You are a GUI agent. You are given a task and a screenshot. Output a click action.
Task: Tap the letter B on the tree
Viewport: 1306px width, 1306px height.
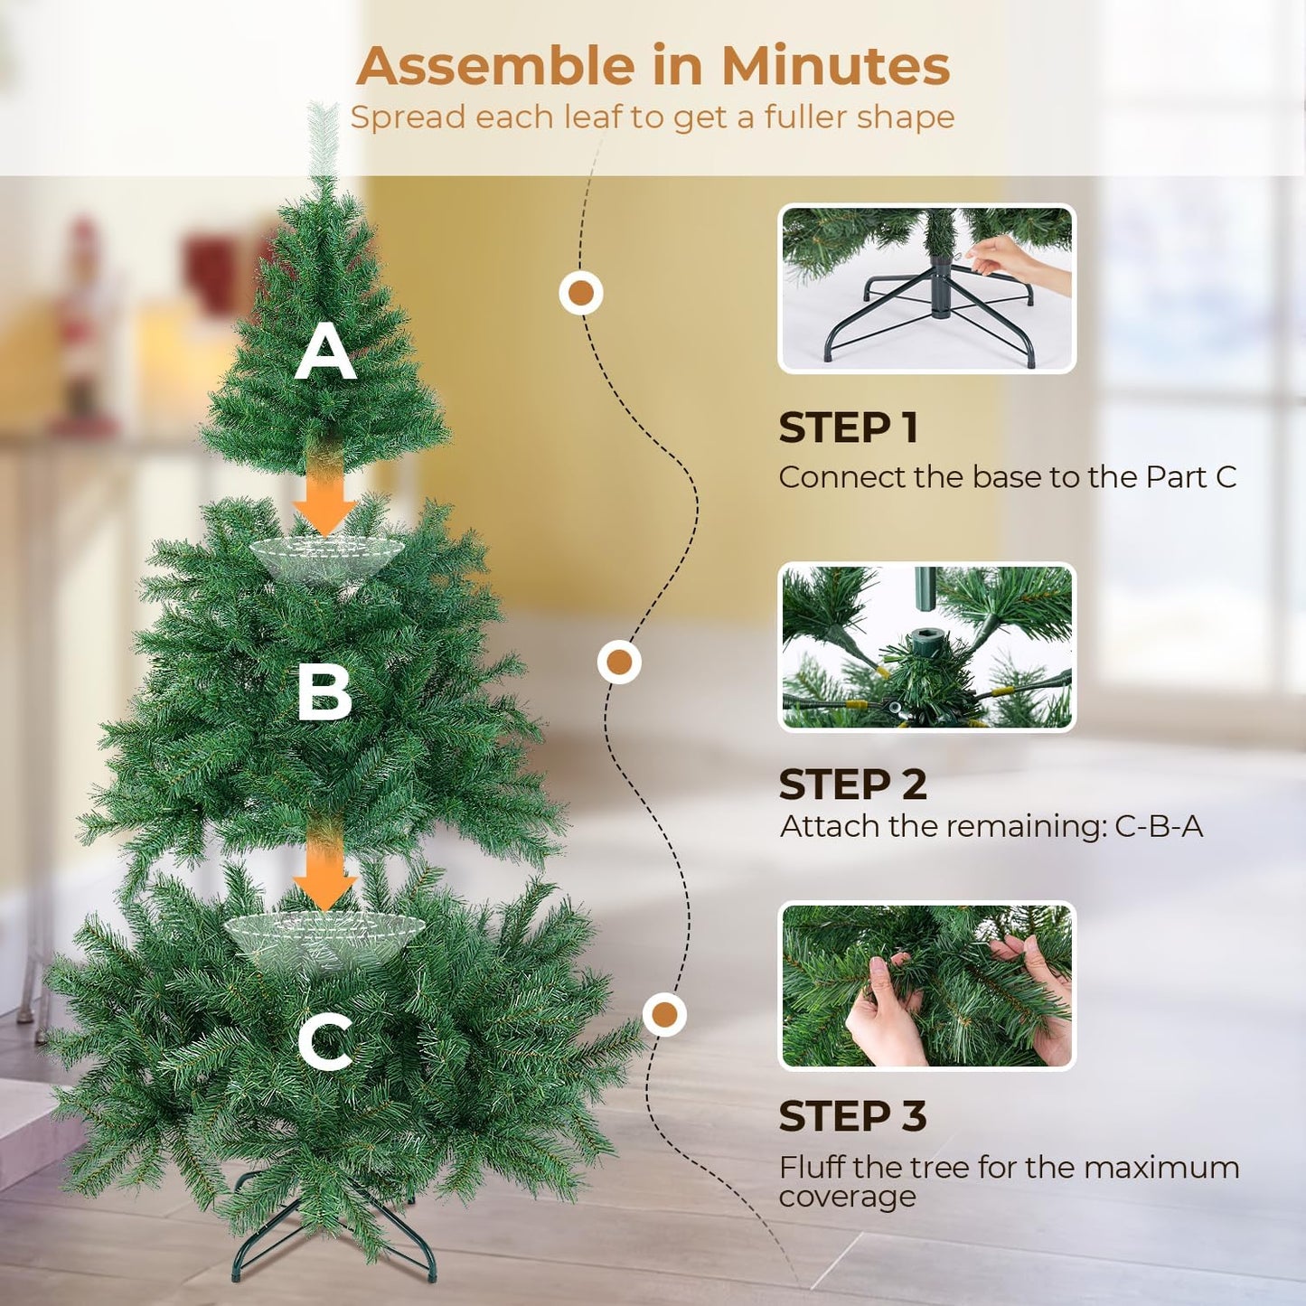tap(324, 693)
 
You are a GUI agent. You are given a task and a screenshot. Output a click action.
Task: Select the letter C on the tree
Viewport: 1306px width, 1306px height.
tap(325, 1041)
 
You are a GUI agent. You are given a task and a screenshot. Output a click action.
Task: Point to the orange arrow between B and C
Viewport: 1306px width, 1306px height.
tap(324, 872)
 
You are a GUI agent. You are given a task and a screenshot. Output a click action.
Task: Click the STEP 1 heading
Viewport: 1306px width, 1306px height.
tap(848, 428)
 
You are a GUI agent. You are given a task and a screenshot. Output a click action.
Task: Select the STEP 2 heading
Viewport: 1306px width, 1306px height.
tap(852, 785)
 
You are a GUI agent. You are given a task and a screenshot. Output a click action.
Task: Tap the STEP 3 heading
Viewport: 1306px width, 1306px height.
tap(852, 1116)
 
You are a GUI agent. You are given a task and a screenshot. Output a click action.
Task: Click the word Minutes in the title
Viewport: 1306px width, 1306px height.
tap(835, 66)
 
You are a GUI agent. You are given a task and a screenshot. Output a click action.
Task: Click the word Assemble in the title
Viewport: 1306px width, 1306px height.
tap(495, 66)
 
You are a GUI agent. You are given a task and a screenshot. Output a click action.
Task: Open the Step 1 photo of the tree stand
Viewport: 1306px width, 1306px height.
tap(926, 288)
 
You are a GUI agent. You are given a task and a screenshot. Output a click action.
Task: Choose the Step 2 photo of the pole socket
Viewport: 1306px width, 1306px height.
tap(926, 647)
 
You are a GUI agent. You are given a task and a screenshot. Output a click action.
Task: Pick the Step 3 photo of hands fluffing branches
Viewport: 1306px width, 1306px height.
tap(926, 986)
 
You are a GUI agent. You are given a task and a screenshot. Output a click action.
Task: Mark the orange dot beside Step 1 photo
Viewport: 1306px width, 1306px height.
tap(581, 293)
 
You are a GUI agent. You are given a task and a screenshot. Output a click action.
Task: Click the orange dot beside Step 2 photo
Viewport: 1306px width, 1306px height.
tap(619, 662)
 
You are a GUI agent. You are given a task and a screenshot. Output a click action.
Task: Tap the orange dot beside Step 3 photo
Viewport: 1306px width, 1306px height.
tap(664, 1014)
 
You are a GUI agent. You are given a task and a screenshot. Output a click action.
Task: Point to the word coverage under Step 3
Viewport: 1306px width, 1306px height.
tap(847, 1197)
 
